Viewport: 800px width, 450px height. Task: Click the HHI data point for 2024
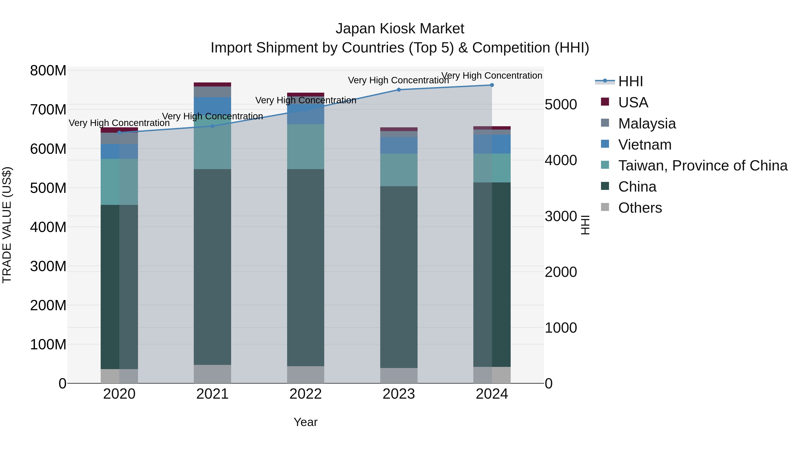click(492, 85)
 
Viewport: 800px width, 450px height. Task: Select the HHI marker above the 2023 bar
click(399, 90)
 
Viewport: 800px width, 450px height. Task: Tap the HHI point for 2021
click(212, 126)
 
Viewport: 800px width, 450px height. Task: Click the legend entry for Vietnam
click(644, 145)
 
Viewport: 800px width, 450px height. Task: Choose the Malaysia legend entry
click(647, 124)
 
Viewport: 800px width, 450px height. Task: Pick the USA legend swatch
click(605, 102)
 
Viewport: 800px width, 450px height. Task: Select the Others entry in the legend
click(640, 208)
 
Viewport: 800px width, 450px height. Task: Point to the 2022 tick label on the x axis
click(306, 394)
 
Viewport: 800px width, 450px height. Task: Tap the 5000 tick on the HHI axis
click(561, 105)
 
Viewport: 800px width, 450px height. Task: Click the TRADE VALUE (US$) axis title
click(7, 225)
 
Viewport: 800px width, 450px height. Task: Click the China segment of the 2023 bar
click(399, 276)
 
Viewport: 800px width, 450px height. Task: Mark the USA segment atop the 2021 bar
click(212, 84)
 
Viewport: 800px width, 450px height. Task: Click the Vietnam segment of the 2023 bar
click(399, 145)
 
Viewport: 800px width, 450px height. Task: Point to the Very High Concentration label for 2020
click(119, 123)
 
